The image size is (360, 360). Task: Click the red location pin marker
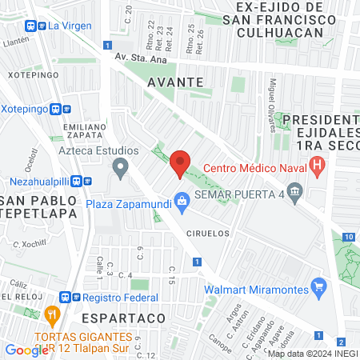180,163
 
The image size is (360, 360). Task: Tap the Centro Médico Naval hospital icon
318,167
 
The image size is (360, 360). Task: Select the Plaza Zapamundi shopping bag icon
182,201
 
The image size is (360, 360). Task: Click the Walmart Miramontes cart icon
319,285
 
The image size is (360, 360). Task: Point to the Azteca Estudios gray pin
121,168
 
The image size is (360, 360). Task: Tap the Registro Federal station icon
77,297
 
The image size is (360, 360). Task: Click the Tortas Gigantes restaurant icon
53,314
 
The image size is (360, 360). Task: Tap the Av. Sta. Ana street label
141,57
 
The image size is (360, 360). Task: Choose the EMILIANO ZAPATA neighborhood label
88,131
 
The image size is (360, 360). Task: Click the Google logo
26,350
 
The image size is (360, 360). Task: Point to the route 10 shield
348,237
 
